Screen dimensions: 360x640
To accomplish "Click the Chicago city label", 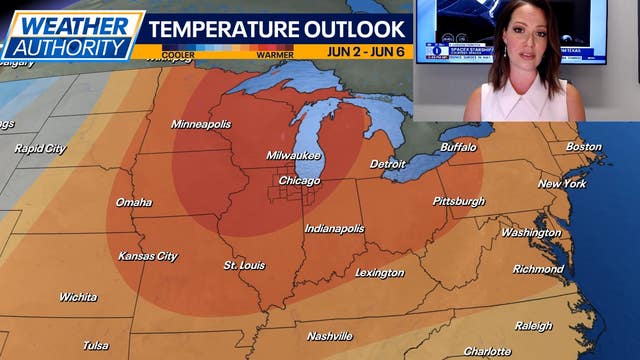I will pos(299,181).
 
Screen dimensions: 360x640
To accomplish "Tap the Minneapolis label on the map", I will pos(200,124).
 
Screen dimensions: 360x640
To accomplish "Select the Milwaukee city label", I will pos(293,156).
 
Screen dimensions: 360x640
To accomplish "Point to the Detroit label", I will pos(388,163).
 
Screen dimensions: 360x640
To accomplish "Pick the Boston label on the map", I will pos(584,147).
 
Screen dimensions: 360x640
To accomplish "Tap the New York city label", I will pos(562,184).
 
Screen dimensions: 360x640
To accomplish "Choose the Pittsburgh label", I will pos(459,201).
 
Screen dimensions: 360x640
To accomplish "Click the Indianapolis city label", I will pos(334,229).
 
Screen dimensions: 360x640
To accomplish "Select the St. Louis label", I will pos(243,265).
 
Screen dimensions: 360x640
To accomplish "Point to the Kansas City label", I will pos(147,256).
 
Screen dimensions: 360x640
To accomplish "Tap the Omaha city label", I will pos(133,202).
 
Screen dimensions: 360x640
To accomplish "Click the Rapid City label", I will pos(40,149).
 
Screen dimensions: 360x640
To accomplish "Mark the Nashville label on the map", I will pos(329,335).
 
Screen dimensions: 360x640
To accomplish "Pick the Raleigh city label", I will pos(533,326).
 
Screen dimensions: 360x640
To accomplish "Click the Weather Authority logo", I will pos(73,35).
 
